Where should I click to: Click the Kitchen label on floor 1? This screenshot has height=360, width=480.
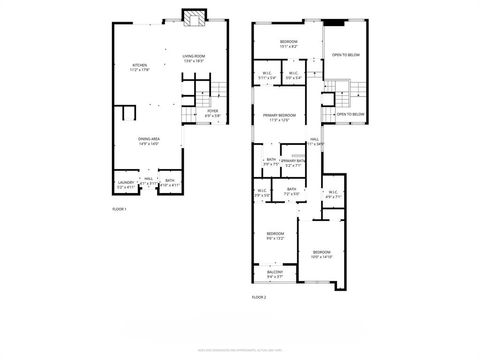pyautogui.click(x=140, y=68)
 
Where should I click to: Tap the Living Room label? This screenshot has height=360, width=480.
pyautogui.click(x=193, y=58)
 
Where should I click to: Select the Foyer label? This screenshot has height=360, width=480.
pyautogui.click(x=213, y=115)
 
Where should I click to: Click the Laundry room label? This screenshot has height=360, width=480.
pyautogui.click(x=125, y=184)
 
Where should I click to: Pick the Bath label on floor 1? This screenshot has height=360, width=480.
pyautogui.click(x=170, y=184)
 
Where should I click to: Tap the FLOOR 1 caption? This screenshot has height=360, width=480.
pyautogui.click(x=119, y=209)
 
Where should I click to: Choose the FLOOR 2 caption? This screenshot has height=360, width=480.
pyautogui.click(x=259, y=297)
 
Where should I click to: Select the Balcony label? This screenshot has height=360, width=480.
pyautogui.click(x=275, y=273)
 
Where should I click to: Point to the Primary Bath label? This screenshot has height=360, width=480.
pyautogui.click(x=292, y=162)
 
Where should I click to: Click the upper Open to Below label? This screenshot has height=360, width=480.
pyautogui.click(x=346, y=56)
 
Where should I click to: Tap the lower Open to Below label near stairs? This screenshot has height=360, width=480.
pyautogui.click(x=348, y=115)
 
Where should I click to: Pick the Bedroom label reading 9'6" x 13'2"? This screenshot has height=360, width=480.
pyautogui.click(x=275, y=236)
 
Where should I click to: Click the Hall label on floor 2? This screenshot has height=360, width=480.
pyautogui.click(x=314, y=141)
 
